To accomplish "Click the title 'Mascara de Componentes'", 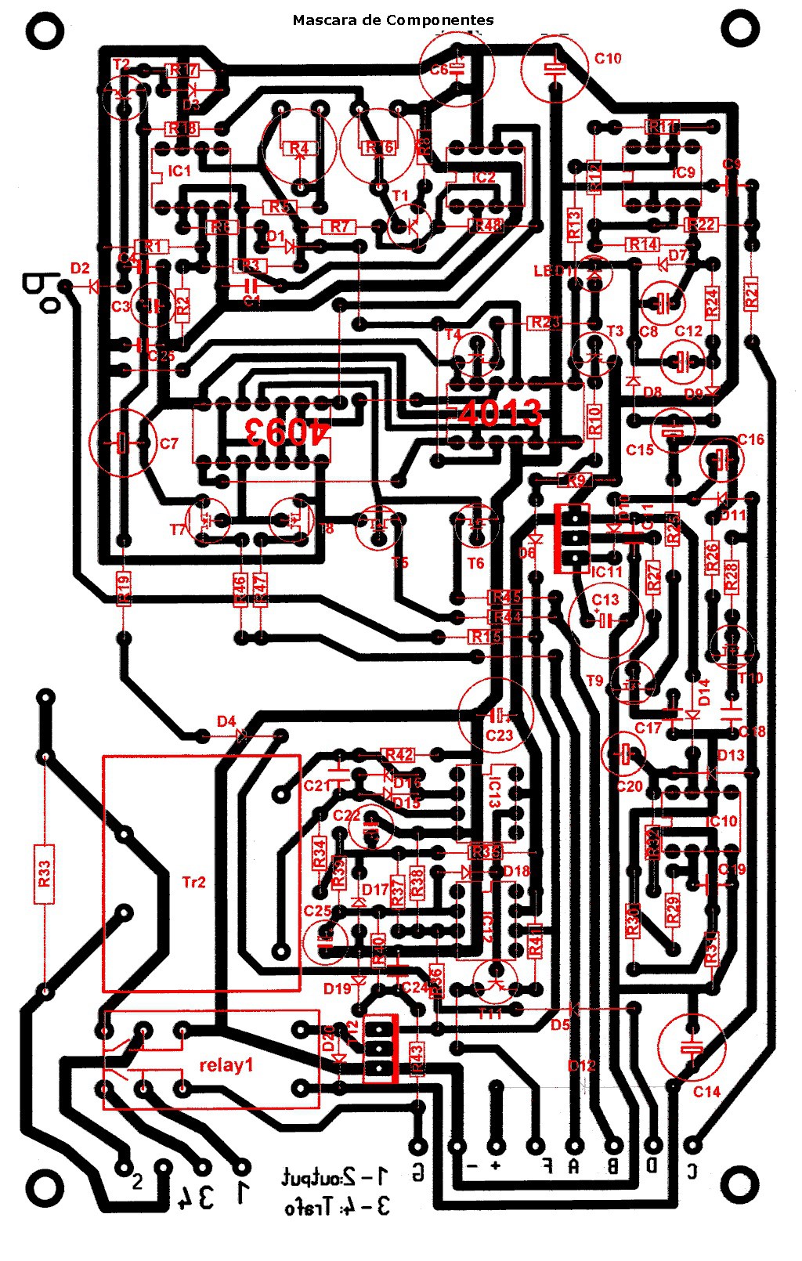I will [393, 20].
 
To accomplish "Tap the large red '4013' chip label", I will [500, 413].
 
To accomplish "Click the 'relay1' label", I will [226, 1065].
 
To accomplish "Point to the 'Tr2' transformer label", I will [193, 882].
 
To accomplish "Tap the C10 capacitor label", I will [608, 58].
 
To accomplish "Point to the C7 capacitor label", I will [169, 443].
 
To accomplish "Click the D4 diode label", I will [226, 721].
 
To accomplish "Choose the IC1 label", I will [179, 170].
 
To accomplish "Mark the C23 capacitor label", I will [499, 735].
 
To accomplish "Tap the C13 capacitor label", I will [605, 599].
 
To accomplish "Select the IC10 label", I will [721, 821].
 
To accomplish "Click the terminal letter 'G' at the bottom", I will [418, 1172].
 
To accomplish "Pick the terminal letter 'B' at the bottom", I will [613, 1166].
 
